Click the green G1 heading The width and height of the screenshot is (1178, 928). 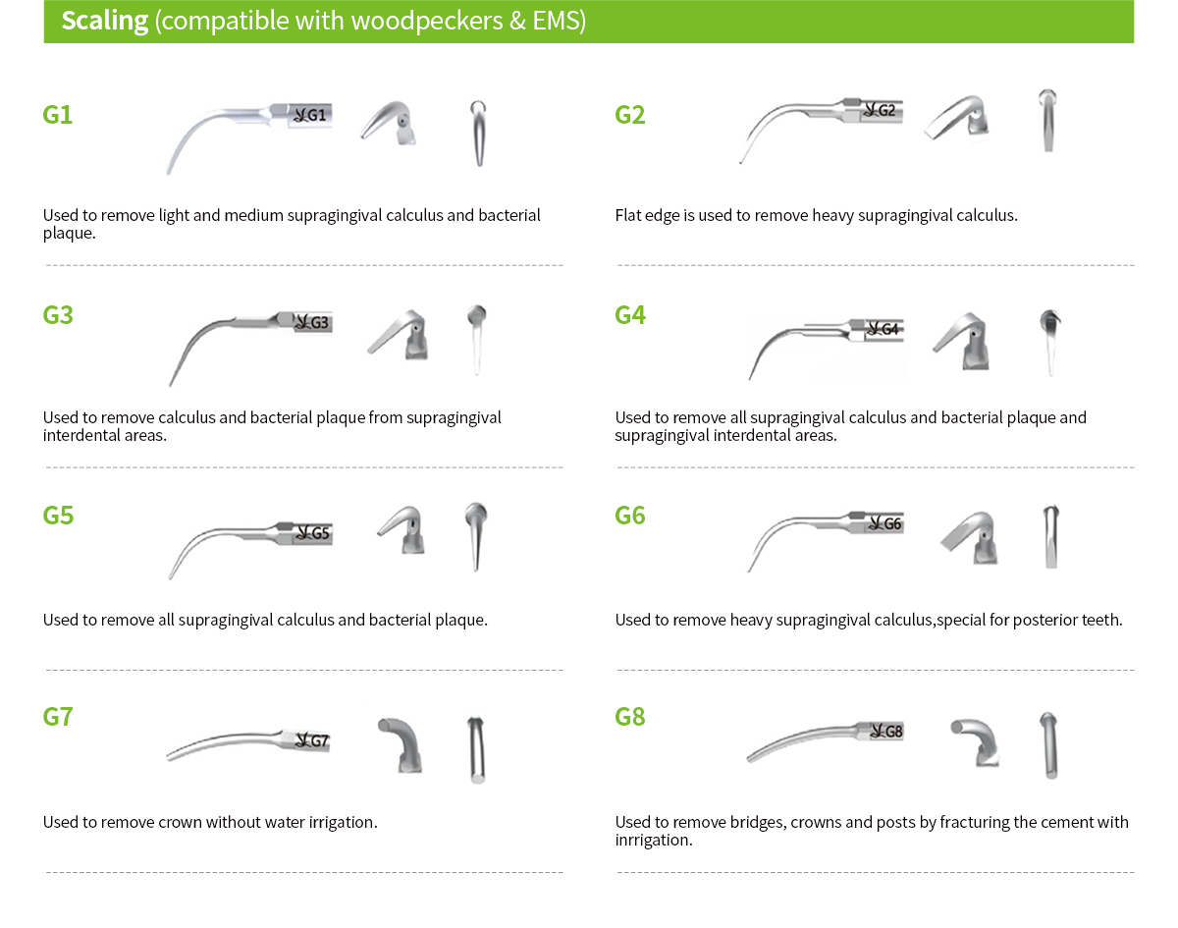(58, 115)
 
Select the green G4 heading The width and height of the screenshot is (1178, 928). (630, 315)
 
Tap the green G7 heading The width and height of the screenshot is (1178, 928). (58, 717)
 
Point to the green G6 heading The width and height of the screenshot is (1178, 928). (630, 516)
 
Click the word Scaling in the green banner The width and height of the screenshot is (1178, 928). (105, 22)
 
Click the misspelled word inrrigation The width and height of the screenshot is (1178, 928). (654, 841)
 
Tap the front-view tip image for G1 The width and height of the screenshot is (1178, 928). (478, 134)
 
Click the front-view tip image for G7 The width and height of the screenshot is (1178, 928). (476, 749)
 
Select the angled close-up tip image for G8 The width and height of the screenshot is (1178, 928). (975, 742)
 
